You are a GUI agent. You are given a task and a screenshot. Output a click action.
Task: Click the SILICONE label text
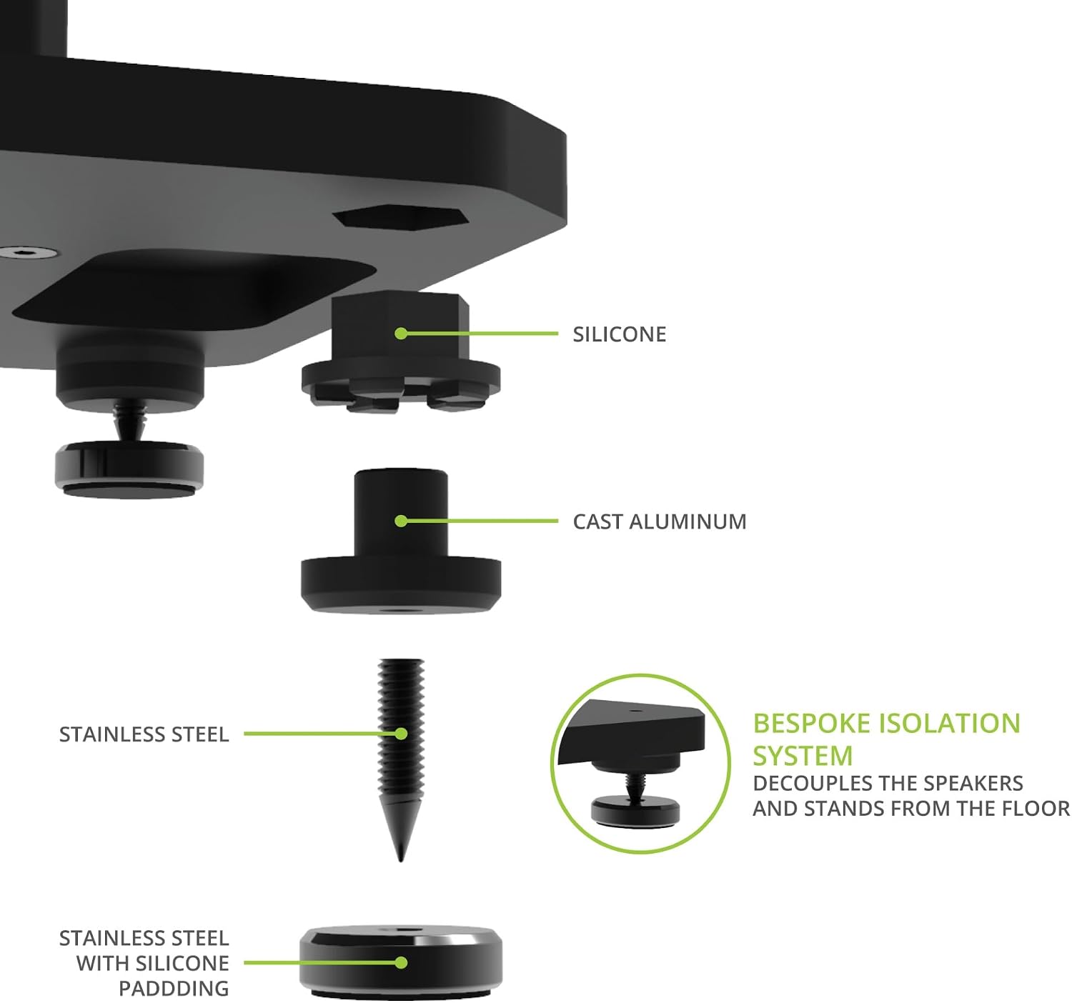point(619,334)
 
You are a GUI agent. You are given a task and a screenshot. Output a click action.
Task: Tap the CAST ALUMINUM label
point(659,522)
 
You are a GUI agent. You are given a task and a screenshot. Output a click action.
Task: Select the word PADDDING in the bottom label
point(174,989)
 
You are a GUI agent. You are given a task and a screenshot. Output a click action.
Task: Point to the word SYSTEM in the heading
point(803,755)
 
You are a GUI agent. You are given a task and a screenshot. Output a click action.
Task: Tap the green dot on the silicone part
point(401,334)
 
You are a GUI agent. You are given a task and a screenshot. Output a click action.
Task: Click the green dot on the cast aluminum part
point(401,521)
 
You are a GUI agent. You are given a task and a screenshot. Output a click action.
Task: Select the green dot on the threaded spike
point(401,734)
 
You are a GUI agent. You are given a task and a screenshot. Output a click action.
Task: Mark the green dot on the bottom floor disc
point(401,962)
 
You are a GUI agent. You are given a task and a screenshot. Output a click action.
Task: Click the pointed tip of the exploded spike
point(400,861)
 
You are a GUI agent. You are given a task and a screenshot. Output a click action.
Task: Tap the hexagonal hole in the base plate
point(400,219)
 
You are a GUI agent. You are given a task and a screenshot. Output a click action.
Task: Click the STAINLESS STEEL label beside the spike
point(144,734)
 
